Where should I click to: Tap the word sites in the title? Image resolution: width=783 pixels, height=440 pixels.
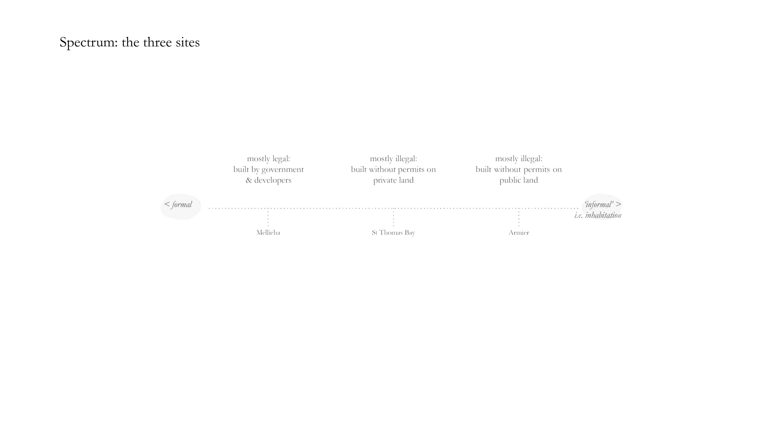188,42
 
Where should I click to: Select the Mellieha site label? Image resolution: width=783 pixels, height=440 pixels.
268,233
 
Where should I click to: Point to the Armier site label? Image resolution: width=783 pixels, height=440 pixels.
519,233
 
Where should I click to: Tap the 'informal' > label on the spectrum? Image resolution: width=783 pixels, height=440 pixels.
603,204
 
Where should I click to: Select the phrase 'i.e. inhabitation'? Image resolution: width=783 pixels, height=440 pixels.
598,215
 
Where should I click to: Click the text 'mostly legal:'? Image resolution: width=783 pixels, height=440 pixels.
268,159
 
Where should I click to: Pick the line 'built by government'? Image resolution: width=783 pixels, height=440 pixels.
268,169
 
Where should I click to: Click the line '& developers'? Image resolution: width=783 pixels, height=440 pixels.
268,180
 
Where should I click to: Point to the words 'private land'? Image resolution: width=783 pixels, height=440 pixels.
393,180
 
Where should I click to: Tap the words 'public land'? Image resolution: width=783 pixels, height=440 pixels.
519,180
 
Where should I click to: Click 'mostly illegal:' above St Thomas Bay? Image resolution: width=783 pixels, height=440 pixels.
393,159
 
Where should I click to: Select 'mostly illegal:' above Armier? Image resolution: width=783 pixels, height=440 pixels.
519,159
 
